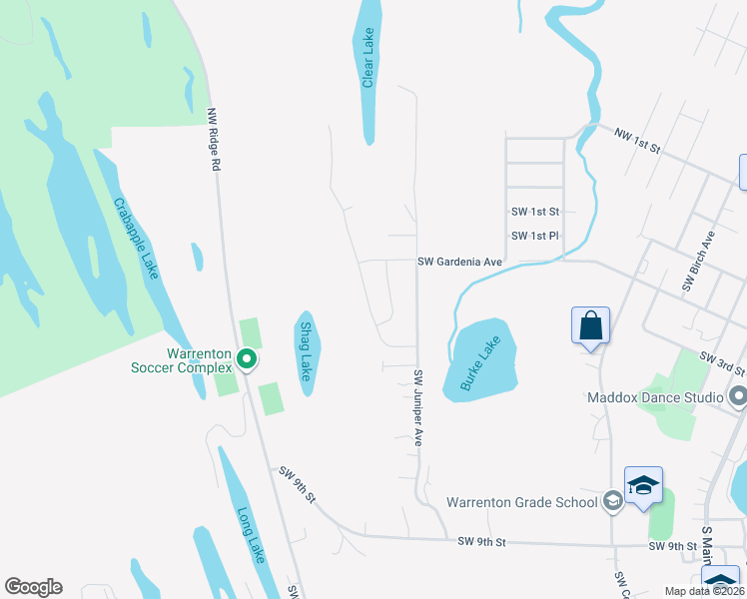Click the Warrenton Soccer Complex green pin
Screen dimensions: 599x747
(249, 357)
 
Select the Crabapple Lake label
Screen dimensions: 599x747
(136, 237)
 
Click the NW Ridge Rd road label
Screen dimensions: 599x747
(212, 139)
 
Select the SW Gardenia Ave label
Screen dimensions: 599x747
(459, 262)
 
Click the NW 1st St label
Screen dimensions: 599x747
(638, 141)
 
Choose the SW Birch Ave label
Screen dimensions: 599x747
(698, 262)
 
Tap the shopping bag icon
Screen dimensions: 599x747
(590, 325)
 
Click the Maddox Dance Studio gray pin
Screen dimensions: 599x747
(738, 397)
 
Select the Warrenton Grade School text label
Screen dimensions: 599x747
(521, 502)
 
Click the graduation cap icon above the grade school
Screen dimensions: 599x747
(644, 484)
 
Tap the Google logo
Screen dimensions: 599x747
(33, 587)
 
